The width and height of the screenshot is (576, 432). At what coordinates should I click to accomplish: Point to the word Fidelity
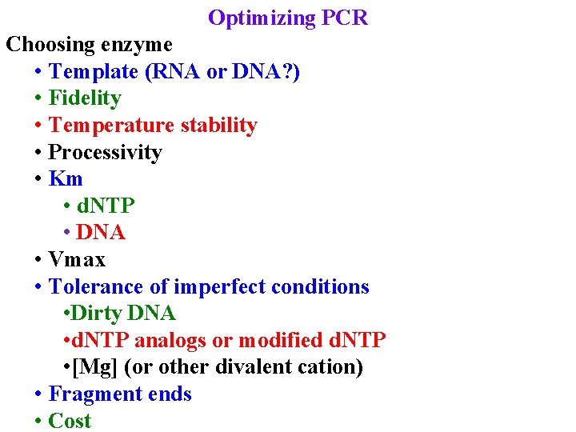[x=85, y=98]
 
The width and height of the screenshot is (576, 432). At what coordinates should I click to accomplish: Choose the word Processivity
[x=105, y=152]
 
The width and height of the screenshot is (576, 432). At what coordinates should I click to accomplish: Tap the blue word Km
[x=66, y=179]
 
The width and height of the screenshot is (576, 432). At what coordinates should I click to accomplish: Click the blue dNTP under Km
[x=106, y=206]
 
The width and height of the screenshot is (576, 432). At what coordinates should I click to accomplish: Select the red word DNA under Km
[x=102, y=233]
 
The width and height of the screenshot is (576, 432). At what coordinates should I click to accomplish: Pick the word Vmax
[x=77, y=260]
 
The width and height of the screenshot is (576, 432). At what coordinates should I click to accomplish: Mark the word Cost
[x=70, y=421]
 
